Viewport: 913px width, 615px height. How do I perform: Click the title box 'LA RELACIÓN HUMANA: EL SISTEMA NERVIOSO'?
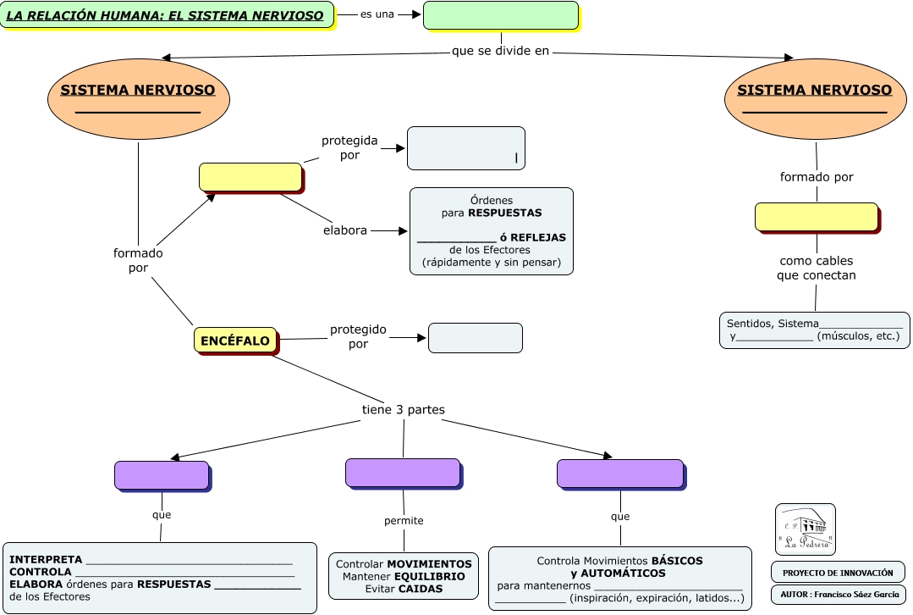click(166, 15)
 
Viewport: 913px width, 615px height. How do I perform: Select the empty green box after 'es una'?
click(501, 15)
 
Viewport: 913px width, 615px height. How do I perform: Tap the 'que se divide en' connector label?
click(501, 51)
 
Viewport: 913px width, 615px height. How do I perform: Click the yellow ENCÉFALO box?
click(235, 341)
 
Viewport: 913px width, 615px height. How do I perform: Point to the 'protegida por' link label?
click(349, 147)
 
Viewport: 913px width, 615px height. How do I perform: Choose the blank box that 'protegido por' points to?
click(475, 338)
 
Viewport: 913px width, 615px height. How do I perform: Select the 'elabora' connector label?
click(345, 230)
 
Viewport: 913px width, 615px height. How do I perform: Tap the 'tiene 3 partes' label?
click(404, 410)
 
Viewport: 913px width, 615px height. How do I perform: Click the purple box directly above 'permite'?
click(403, 473)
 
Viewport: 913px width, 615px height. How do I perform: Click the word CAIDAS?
click(421, 589)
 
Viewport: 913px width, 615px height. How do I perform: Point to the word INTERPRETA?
click(46, 560)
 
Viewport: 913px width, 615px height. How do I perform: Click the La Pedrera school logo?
click(805, 529)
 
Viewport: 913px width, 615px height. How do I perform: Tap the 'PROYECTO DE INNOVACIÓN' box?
click(838, 572)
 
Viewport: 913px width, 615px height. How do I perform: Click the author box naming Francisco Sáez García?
click(838, 594)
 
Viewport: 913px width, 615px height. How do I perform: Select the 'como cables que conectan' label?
click(817, 268)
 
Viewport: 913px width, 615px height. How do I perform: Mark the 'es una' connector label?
click(377, 14)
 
